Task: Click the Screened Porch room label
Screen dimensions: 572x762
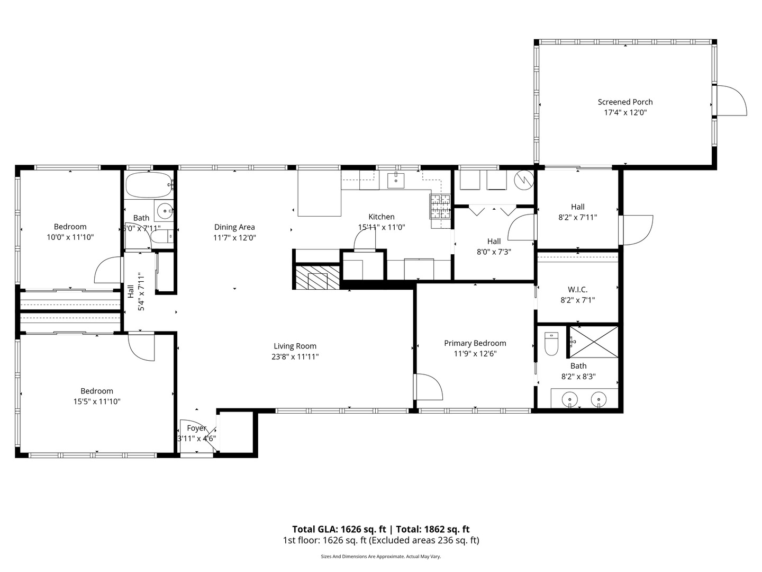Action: (x=625, y=102)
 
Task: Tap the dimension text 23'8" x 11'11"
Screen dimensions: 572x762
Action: (x=295, y=357)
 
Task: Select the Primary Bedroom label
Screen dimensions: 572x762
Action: (x=475, y=343)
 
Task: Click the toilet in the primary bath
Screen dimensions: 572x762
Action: (x=551, y=344)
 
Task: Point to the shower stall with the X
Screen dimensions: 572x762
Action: (x=594, y=342)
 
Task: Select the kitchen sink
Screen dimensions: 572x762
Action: (x=396, y=180)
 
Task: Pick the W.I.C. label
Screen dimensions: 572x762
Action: (x=577, y=290)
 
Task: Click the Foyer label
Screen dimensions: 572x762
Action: (x=196, y=428)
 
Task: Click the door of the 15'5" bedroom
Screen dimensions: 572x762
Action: (x=141, y=347)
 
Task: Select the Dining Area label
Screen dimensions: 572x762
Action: (x=234, y=227)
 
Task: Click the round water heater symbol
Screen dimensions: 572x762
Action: (x=525, y=180)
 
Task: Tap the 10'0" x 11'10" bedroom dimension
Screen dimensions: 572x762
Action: (x=70, y=237)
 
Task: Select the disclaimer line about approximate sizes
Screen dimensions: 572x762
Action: (x=380, y=557)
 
